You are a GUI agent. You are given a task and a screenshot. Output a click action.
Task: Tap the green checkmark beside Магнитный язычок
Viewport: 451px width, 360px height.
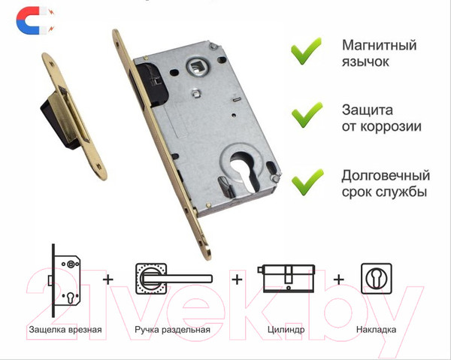[306, 51]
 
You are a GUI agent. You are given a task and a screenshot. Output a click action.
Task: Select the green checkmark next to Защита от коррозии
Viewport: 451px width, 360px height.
[307, 116]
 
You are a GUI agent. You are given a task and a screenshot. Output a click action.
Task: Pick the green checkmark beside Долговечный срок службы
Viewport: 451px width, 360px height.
[307, 183]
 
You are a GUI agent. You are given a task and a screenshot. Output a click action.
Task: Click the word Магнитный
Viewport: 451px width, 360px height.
[379, 45]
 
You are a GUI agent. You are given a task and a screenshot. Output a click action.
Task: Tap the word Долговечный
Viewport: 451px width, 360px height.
[386, 176]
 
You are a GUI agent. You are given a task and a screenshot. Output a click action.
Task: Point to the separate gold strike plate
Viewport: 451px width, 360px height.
[74, 116]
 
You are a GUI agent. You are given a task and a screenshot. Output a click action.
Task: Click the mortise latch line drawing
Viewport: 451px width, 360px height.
[65, 280]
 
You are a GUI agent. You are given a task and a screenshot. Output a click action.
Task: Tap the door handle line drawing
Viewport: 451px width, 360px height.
[174, 279]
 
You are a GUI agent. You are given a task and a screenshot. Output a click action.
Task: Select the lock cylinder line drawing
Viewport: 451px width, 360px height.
[286, 278]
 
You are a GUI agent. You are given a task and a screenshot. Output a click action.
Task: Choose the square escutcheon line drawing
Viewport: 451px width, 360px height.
[377, 278]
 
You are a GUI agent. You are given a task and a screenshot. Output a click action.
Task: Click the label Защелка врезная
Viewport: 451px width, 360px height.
[65, 329]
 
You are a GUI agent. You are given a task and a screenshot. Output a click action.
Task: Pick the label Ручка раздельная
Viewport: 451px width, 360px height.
[173, 329]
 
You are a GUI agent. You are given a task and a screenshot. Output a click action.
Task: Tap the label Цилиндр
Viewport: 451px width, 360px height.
[286, 329]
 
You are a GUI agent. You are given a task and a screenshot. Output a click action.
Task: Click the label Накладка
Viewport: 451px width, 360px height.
[377, 329]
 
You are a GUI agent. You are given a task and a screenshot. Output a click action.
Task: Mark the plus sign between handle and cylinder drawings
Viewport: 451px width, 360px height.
[237, 280]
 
